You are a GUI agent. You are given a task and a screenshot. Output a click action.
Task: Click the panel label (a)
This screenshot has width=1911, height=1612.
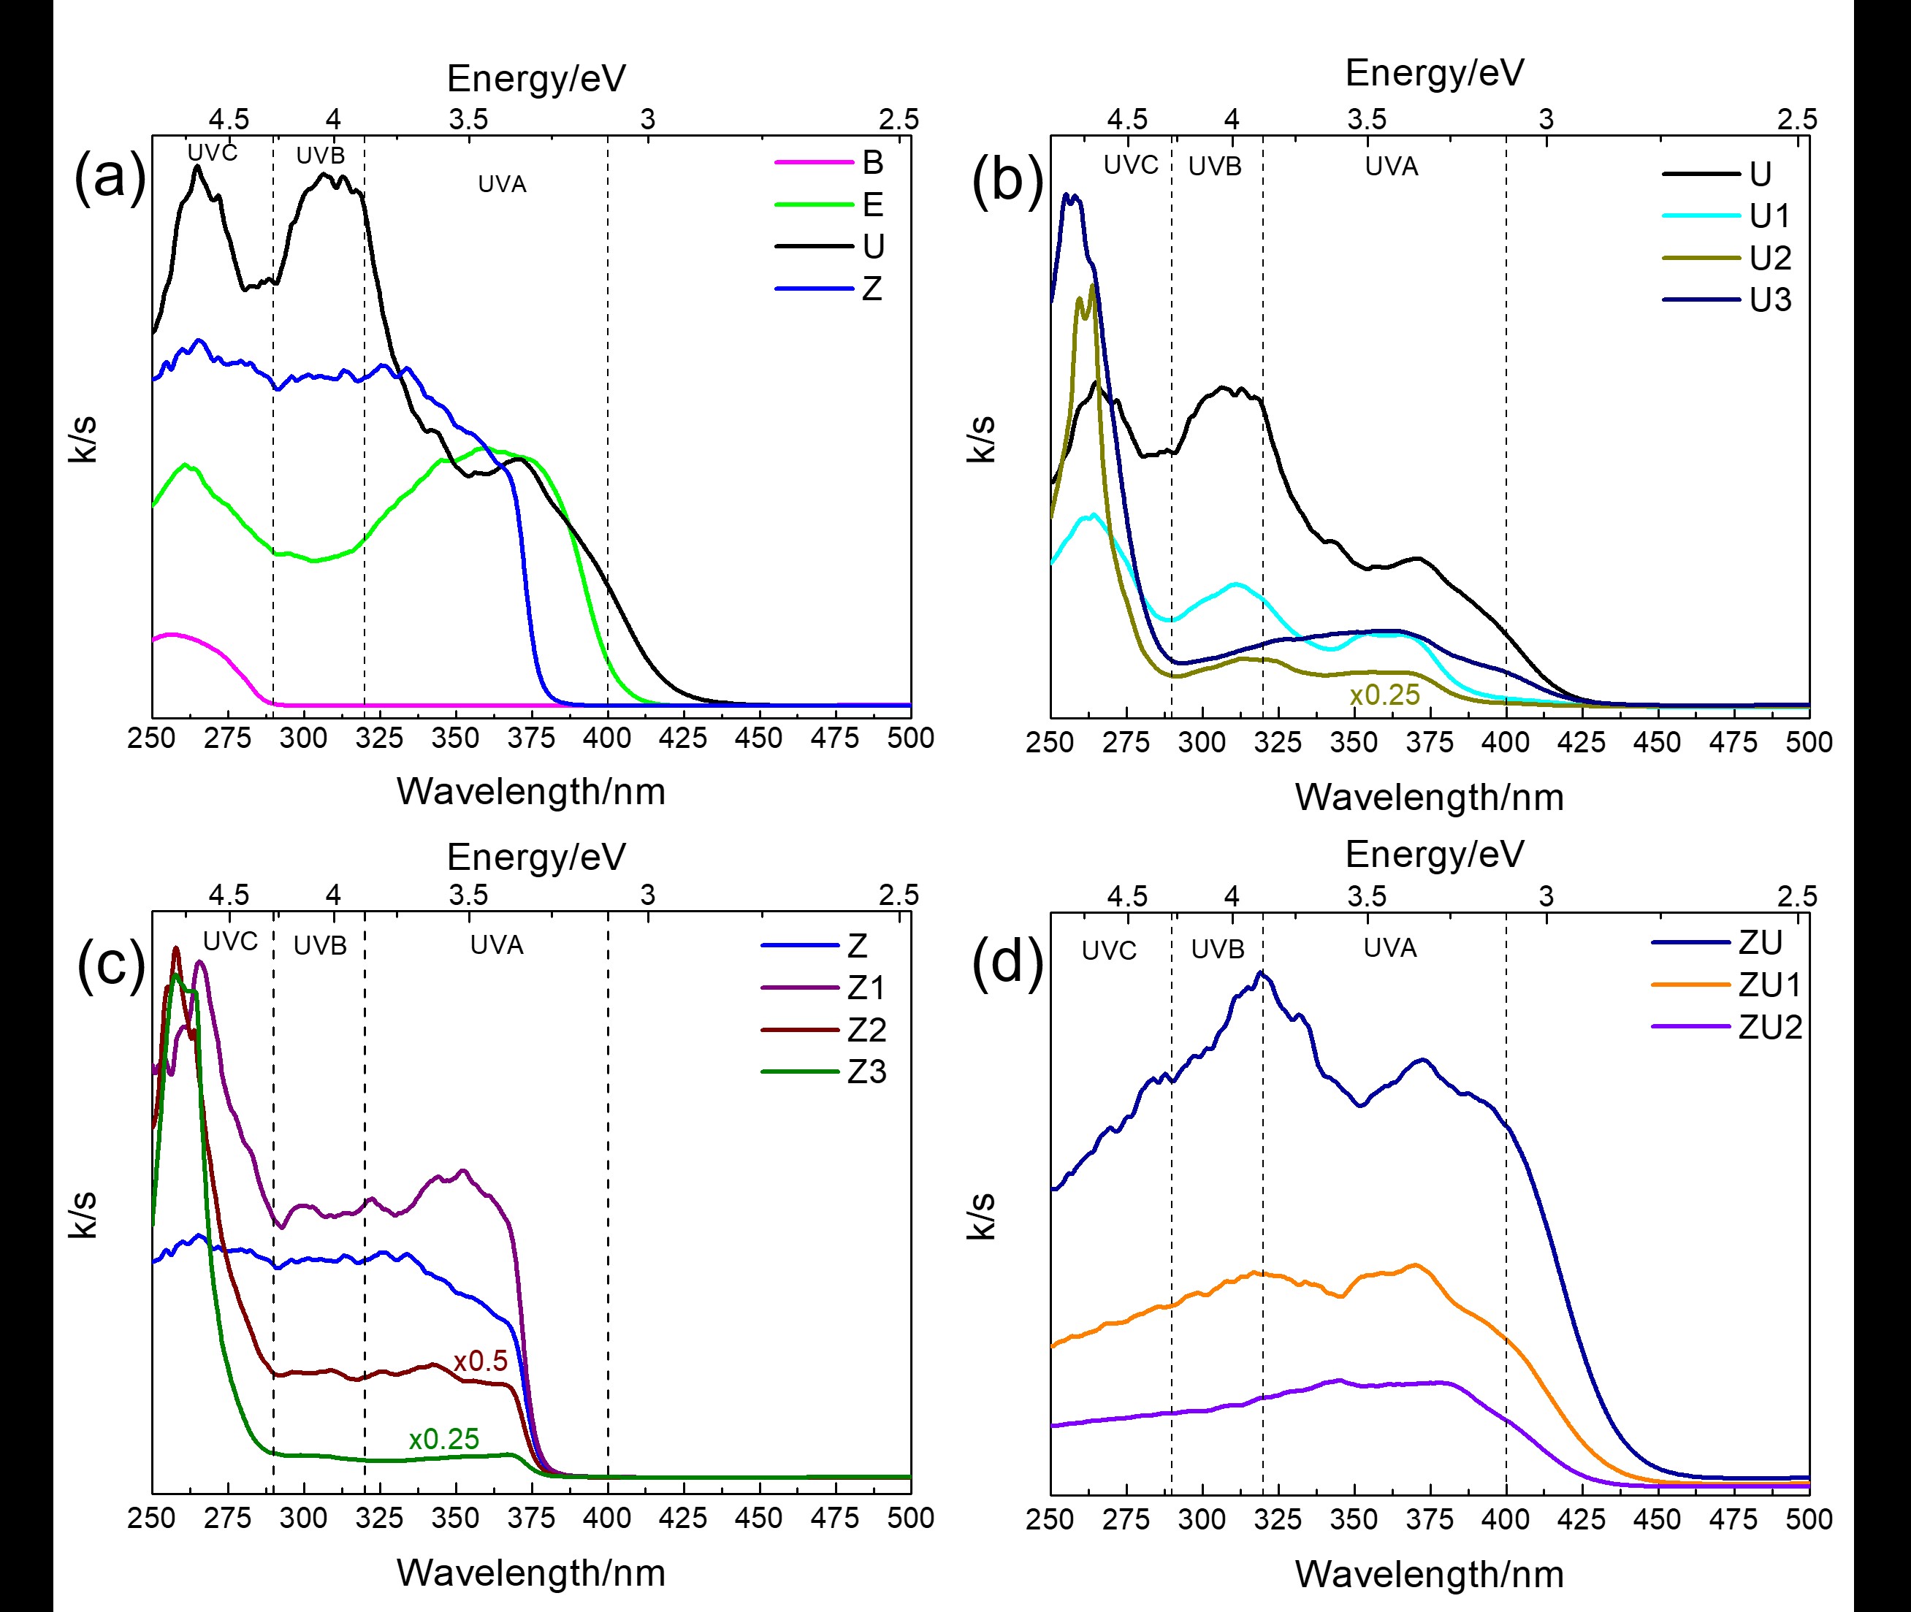[110, 176]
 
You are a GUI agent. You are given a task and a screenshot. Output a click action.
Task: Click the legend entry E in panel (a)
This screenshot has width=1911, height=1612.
[873, 205]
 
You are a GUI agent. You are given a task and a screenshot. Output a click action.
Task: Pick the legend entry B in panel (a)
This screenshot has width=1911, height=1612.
[873, 163]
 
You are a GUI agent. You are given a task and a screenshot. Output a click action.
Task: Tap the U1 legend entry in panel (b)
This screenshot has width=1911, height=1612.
[1770, 215]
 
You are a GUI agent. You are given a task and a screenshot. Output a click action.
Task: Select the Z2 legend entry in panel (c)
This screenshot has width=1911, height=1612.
[866, 1030]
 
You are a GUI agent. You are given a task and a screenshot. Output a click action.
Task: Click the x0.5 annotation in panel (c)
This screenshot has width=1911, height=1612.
[481, 1361]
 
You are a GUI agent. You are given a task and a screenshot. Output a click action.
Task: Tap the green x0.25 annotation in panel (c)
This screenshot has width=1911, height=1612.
[444, 1440]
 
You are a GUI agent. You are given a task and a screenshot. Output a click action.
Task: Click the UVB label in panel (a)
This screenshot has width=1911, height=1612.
[320, 156]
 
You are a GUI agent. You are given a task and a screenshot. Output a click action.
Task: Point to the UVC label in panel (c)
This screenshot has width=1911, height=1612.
[230, 941]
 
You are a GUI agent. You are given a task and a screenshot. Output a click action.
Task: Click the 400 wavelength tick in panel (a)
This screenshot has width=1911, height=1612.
[607, 738]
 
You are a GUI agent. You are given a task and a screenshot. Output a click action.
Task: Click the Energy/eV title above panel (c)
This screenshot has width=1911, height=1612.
[536, 857]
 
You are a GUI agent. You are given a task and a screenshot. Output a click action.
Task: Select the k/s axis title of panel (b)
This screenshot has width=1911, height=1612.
[982, 439]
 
